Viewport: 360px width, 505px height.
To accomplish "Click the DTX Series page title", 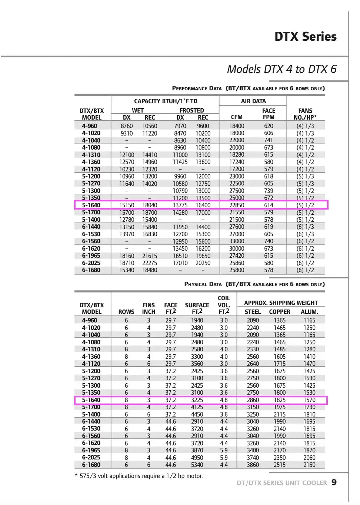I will (x=305, y=37).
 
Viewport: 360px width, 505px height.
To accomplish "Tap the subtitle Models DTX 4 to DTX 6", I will (x=281, y=69).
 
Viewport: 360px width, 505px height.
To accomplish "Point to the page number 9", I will (x=334, y=482).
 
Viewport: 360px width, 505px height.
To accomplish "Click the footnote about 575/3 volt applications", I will (x=139, y=476).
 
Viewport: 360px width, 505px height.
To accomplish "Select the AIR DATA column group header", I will (x=253, y=101).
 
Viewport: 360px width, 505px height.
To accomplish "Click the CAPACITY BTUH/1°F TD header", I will (x=165, y=101).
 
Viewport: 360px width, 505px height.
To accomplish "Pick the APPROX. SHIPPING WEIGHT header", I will (x=281, y=303).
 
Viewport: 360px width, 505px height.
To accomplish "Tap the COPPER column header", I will (x=279, y=312).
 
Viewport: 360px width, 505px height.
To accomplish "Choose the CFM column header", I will (x=236, y=117).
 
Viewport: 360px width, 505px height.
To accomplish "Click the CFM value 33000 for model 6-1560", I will (x=236, y=241).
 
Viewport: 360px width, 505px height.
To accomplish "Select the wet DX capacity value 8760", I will (x=127, y=126).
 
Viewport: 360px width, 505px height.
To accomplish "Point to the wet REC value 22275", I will (x=150, y=263).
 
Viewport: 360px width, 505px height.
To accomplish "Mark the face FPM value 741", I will (x=269, y=140).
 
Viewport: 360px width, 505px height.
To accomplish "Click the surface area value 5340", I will (x=197, y=465).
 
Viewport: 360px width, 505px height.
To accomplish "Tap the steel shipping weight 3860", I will (x=253, y=465).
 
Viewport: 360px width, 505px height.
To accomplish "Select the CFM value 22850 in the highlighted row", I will (x=236, y=205).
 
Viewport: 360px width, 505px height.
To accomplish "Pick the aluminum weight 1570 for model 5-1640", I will (x=309, y=400).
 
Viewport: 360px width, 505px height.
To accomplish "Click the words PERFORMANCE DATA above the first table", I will (x=197, y=88).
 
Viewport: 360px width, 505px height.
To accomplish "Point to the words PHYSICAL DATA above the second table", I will (x=203, y=284).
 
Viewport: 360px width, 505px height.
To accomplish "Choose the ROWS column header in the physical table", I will (x=126, y=312).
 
